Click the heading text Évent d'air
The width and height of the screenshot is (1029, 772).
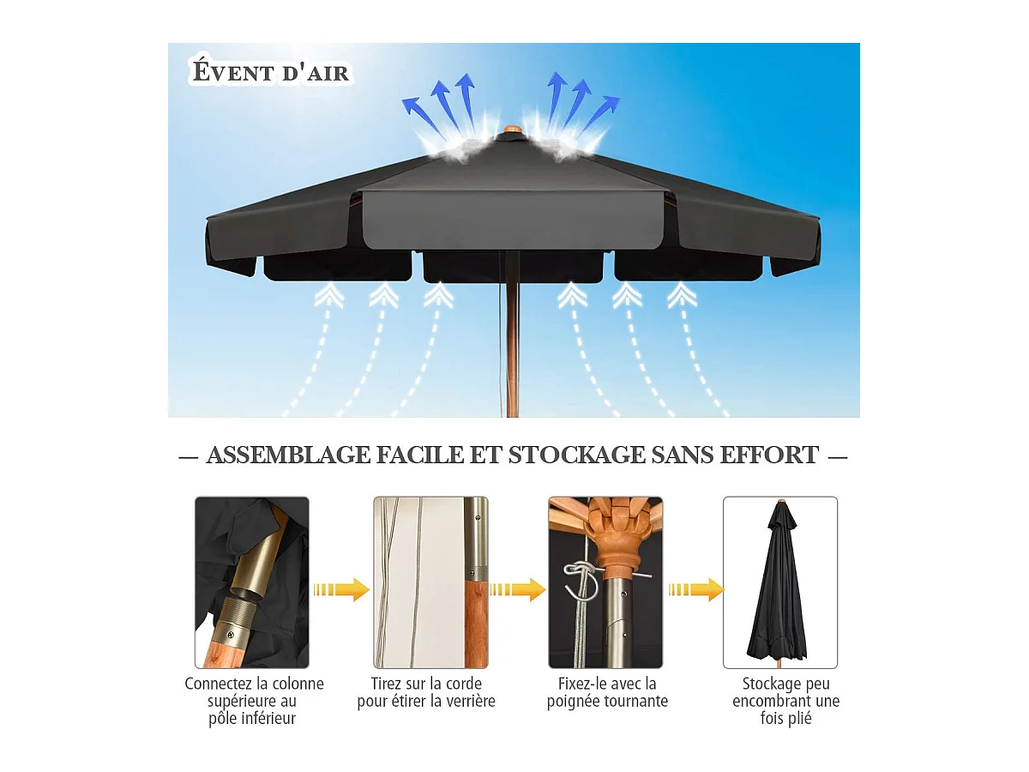point(271,72)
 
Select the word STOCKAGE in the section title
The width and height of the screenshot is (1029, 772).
point(575,455)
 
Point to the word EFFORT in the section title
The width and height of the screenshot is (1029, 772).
point(768,455)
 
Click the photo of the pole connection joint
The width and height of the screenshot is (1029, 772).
point(252,582)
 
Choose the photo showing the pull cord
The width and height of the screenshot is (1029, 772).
point(430,582)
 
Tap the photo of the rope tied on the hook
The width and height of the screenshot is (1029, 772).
point(605,582)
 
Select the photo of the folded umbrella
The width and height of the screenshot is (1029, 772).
point(780,582)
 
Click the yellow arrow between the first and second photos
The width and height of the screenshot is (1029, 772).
point(341,589)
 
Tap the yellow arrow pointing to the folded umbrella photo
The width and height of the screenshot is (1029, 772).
point(695,589)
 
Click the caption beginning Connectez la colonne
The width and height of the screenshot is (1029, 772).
point(254,701)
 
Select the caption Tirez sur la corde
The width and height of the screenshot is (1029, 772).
point(426,692)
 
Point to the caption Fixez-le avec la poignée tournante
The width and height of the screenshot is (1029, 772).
point(607,692)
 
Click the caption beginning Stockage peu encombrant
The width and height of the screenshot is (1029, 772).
point(785,701)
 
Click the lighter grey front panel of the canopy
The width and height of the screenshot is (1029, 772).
point(514,220)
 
